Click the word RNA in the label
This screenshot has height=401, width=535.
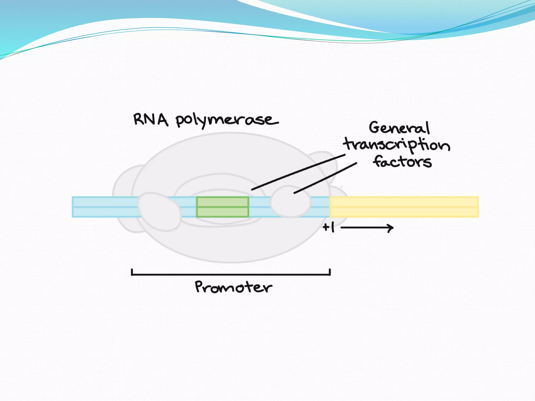pos(150,120)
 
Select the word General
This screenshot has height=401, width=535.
pos(399,128)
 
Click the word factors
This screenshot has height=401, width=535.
pos(402,161)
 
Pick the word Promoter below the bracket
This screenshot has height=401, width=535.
pos(233,287)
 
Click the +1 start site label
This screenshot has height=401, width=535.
pos(329,227)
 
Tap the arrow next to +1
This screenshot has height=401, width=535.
pos(367,228)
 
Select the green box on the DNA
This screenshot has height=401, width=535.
pos(223,207)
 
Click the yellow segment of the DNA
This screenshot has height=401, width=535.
pos(404,207)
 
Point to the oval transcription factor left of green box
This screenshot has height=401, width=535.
pos(159,211)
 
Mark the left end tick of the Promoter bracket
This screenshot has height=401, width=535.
pos(132,272)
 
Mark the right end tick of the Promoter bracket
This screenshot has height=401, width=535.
pos(330,272)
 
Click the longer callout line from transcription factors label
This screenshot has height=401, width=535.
pos(298,172)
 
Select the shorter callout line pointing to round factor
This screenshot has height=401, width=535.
pos(325,178)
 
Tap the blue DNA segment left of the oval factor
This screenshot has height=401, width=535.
pos(104,207)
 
